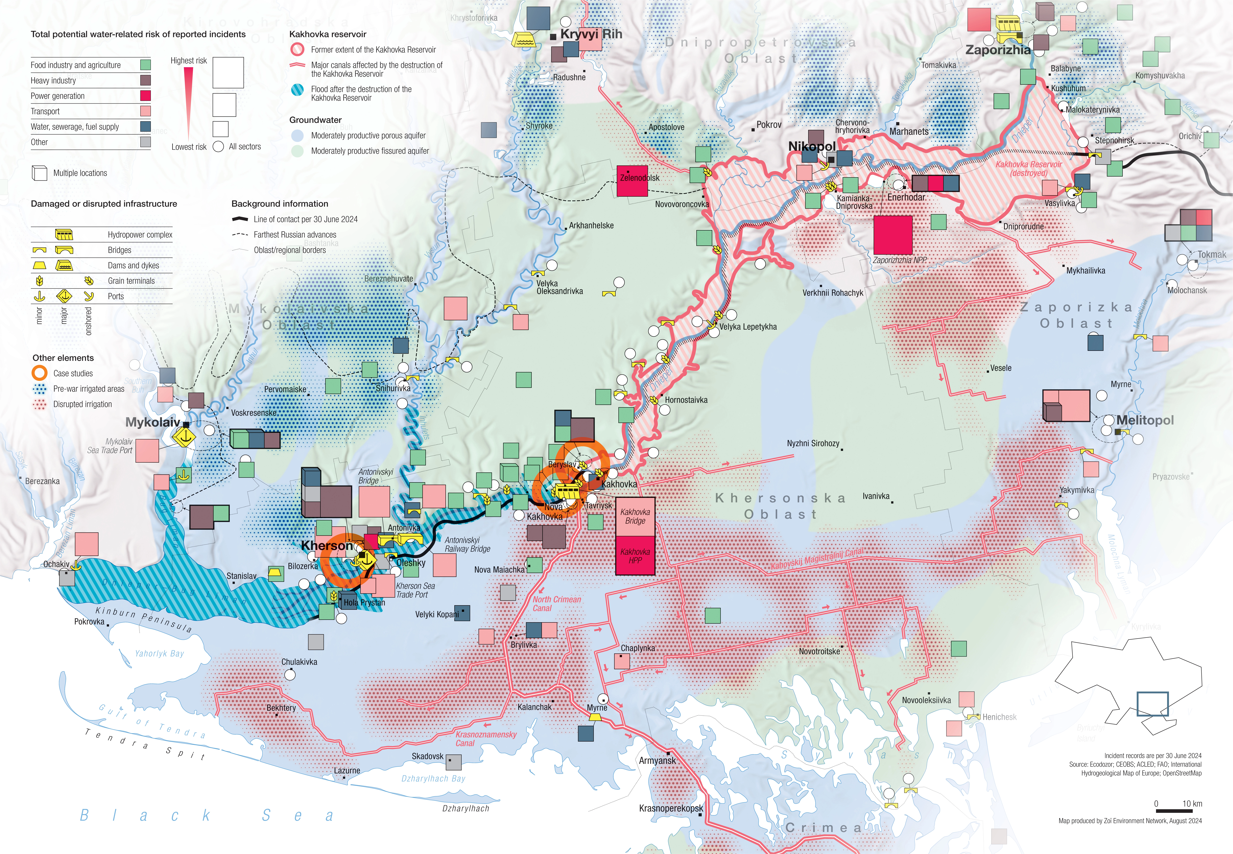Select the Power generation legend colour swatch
[145, 96]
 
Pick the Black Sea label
[206, 816]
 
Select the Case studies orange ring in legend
[40, 373]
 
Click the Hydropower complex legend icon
[64, 234]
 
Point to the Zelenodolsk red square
[632, 180]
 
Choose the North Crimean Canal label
[556, 604]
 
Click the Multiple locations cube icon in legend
[40, 173]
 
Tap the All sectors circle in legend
[218, 147]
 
